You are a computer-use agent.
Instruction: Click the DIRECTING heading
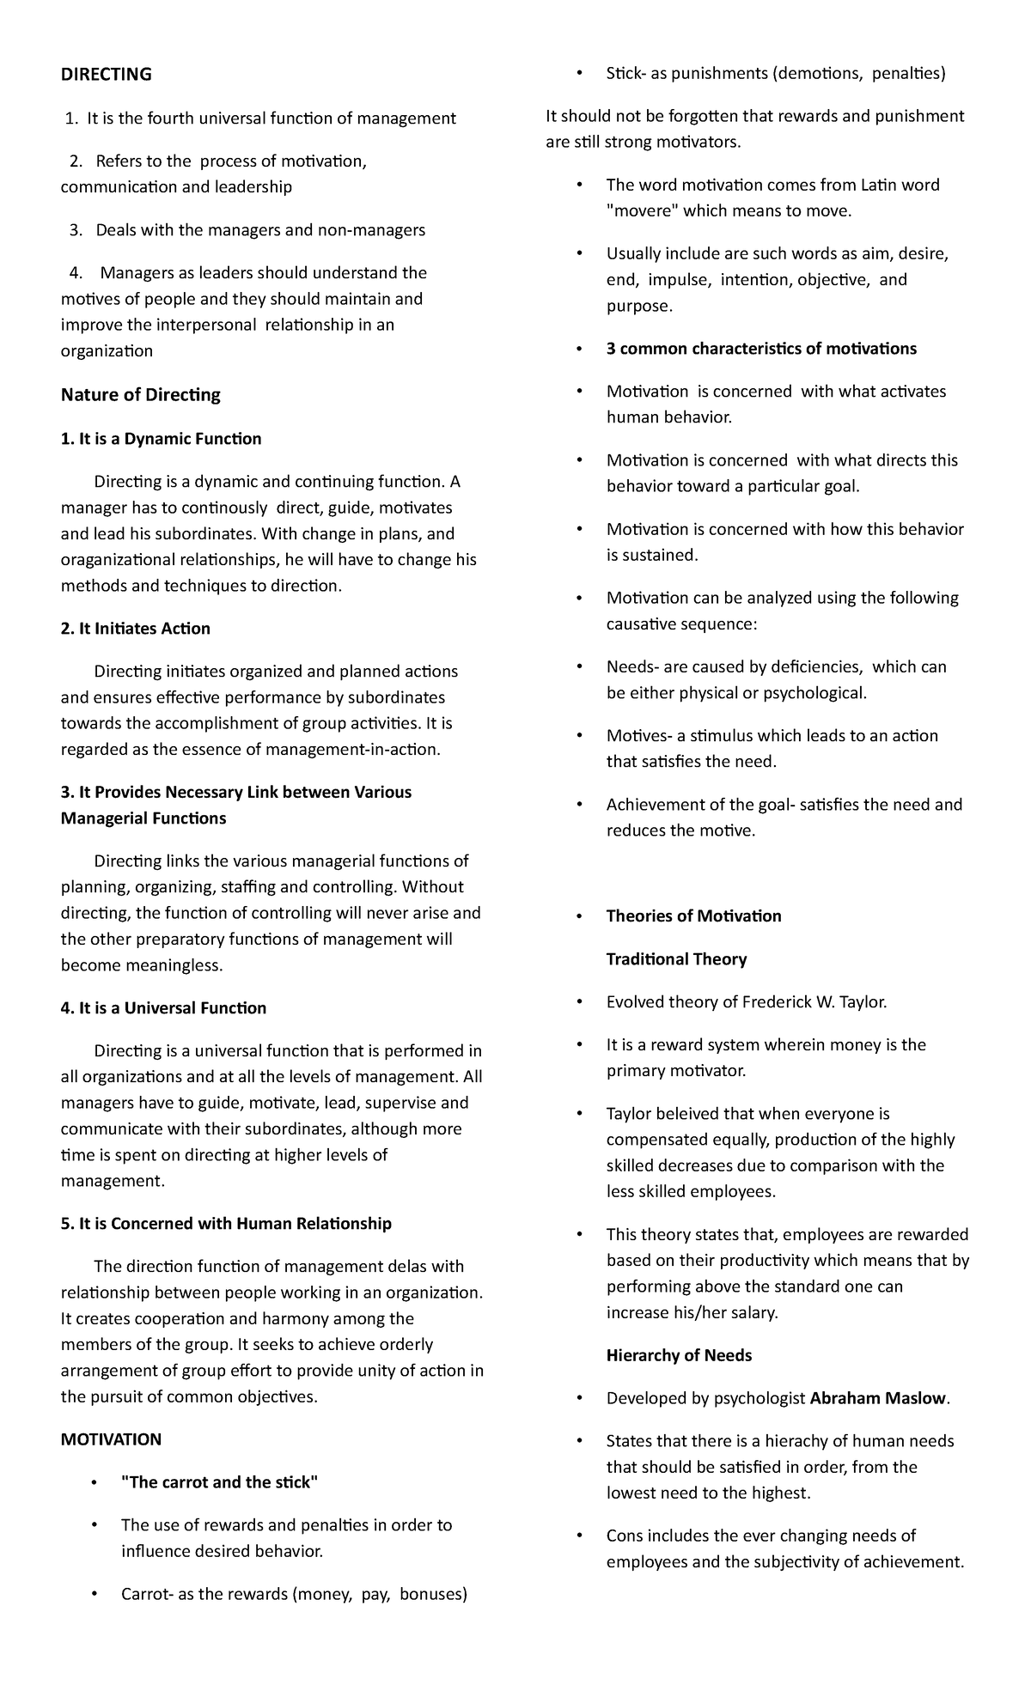click(106, 75)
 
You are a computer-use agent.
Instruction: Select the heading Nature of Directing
click(140, 395)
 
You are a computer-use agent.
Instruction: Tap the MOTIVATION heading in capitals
click(111, 1438)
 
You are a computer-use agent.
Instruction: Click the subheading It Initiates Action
click(136, 629)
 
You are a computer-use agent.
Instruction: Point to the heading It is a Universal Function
click(163, 1008)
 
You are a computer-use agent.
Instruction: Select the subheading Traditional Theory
click(676, 959)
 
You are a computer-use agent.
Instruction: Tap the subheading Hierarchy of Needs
click(679, 1355)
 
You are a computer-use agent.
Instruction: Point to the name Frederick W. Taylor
click(813, 1002)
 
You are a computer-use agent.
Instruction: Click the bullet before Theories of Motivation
click(582, 916)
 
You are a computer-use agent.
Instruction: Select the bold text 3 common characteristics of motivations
click(761, 349)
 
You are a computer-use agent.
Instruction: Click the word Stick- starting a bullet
click(625, 74)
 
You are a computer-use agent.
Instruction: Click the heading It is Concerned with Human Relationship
click(226, 1224)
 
